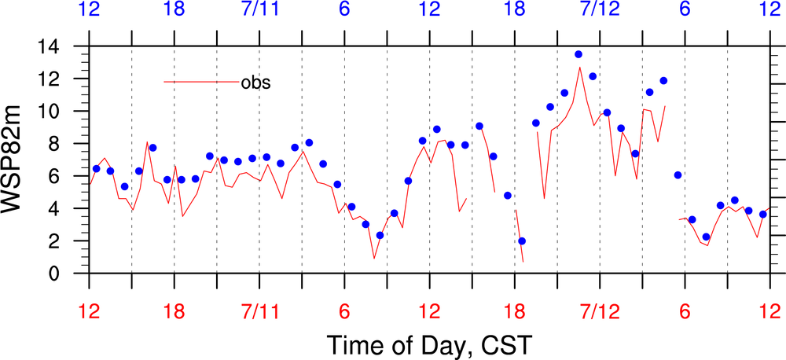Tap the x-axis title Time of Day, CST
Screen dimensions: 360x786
pos(428,343)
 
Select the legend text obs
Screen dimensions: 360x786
pos(255,83)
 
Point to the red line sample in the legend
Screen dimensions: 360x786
pos(201,82)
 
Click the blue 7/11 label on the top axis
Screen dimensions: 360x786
pos(259,10)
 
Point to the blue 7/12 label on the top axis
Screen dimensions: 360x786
pos(600,10)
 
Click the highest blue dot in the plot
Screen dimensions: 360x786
pos(578,54)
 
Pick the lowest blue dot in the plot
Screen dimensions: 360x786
pos(522,241)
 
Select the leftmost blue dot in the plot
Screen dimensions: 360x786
pos(96,169)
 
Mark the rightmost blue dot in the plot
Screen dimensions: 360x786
pos(762,214)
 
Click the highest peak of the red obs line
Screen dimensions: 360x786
pos(580,68)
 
